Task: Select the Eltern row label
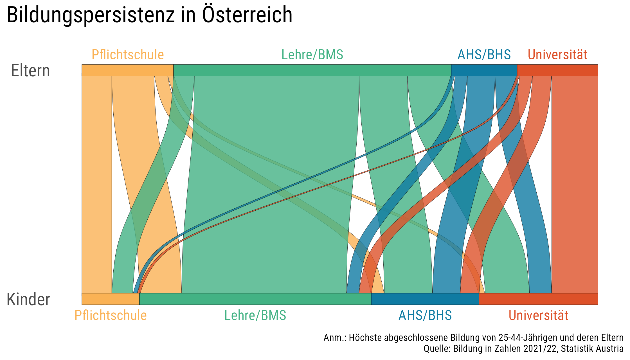[30, 71]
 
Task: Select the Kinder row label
[28, 299]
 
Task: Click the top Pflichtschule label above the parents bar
[128, 55]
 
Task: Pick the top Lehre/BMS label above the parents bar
[312, 55]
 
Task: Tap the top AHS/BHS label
[484, 55]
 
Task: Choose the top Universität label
[557, 55]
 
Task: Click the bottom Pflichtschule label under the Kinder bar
[111, 315]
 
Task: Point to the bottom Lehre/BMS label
[255, 315]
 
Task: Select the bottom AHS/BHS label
[425, 315]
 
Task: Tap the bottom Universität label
[538, 315]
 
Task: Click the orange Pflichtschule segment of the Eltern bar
[127, 70]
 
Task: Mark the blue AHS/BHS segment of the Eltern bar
[484, 70]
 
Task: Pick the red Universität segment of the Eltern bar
[557, 70]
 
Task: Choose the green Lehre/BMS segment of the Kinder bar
[255, 299]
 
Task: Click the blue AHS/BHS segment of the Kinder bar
[425, 299]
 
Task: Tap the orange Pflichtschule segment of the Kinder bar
[111, 299]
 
